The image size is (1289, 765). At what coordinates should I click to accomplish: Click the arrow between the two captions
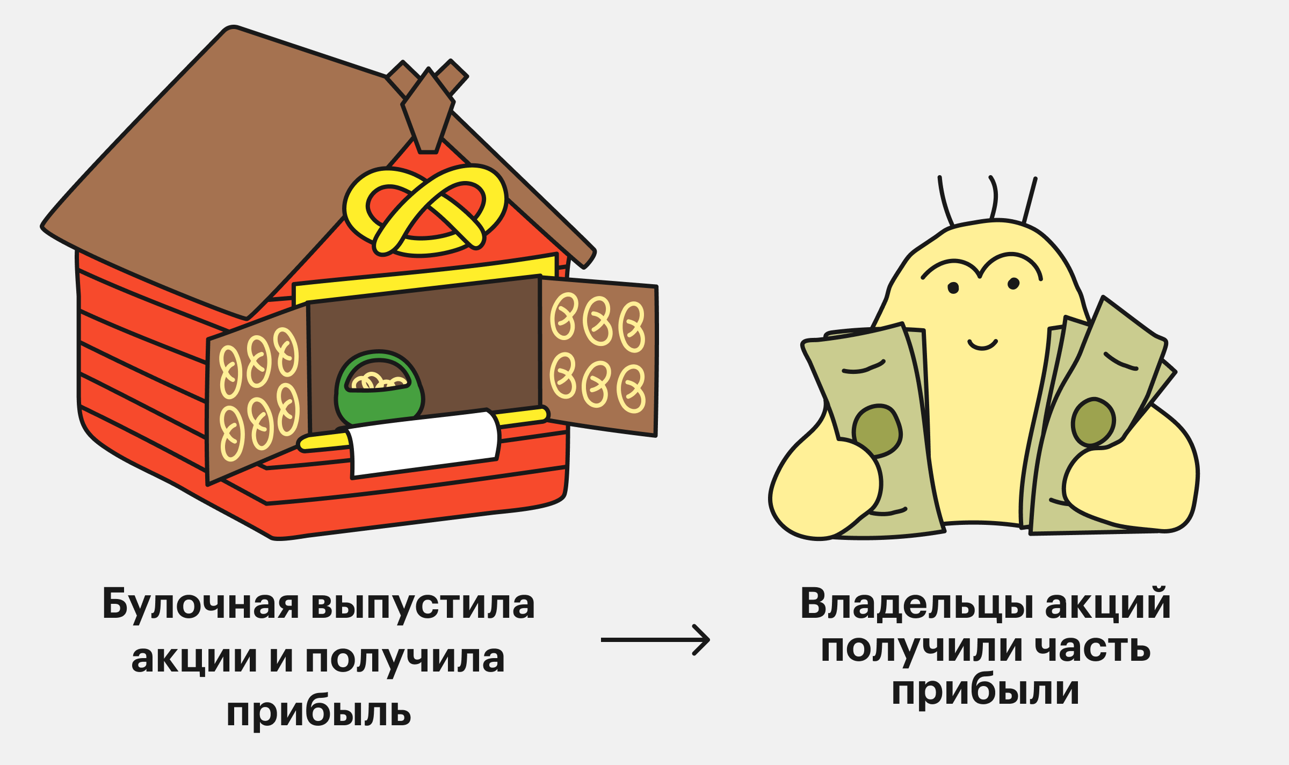(655, 640)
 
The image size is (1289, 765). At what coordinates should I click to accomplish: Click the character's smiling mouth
(982, 344)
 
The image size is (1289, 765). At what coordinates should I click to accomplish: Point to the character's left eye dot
(953, 288)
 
